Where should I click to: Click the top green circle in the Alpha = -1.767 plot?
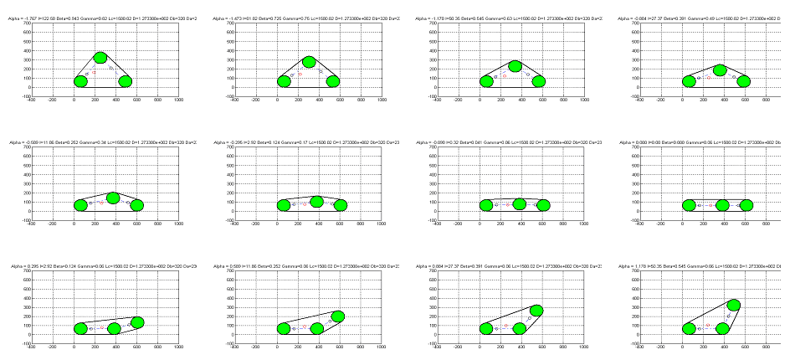point(100,58)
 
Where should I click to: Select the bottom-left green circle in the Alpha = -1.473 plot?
point(284,81)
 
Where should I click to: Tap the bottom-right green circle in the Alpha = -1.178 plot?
point(539,81)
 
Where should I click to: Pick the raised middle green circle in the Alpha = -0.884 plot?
point(720,69)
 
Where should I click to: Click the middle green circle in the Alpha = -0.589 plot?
point(114,198)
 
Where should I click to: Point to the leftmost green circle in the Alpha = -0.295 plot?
point(284,205)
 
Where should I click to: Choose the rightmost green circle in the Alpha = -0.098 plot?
point(543,205)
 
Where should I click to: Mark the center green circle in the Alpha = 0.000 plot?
point(722,205)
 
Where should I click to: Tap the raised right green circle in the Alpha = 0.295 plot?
point(138,322)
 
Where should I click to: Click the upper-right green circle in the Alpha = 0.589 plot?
point(338,316)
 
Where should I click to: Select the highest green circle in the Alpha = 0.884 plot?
point(536,311)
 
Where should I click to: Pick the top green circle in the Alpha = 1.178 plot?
point(734,306)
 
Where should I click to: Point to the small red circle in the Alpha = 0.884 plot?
point(505,324)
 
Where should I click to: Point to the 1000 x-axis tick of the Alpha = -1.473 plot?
point(382,100)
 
